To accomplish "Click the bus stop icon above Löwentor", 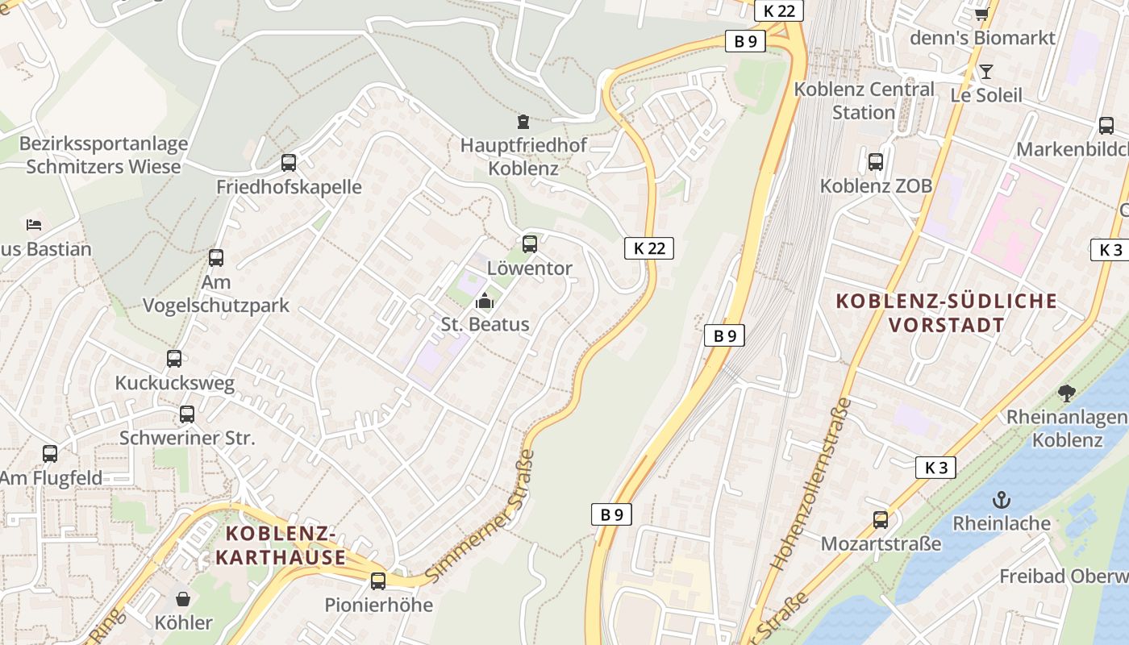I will [x=530, y=243].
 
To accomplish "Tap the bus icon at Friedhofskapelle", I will [x=289, y=163].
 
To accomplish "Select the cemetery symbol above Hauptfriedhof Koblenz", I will [x=523, y=122].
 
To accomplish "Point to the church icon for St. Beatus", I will [x=485, y=301].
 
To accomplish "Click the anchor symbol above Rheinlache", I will [x=1001, y=499].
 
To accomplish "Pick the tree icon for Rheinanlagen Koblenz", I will [x=1067, y=393].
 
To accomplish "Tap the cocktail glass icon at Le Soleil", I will [x=985, y=72].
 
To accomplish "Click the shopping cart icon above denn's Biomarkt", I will [x=981, y=14].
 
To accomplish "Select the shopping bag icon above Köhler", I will [x=184, y=599].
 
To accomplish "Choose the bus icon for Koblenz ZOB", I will [x=876, y=161].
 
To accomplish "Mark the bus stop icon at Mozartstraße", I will [x=881, y=520].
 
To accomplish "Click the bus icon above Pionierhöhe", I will [x=378, y=580].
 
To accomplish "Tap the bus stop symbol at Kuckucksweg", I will [x=174, y=359].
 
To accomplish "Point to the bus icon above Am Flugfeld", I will [x=50, y=454].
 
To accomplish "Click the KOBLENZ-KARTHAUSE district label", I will [x=281, y=545].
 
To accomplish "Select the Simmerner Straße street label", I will [x=481, y=516].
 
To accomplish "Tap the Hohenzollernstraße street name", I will [x=813, y=483].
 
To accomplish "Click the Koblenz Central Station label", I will [x=864, y=100].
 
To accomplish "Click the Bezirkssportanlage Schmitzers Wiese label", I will [x=103, y=155].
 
